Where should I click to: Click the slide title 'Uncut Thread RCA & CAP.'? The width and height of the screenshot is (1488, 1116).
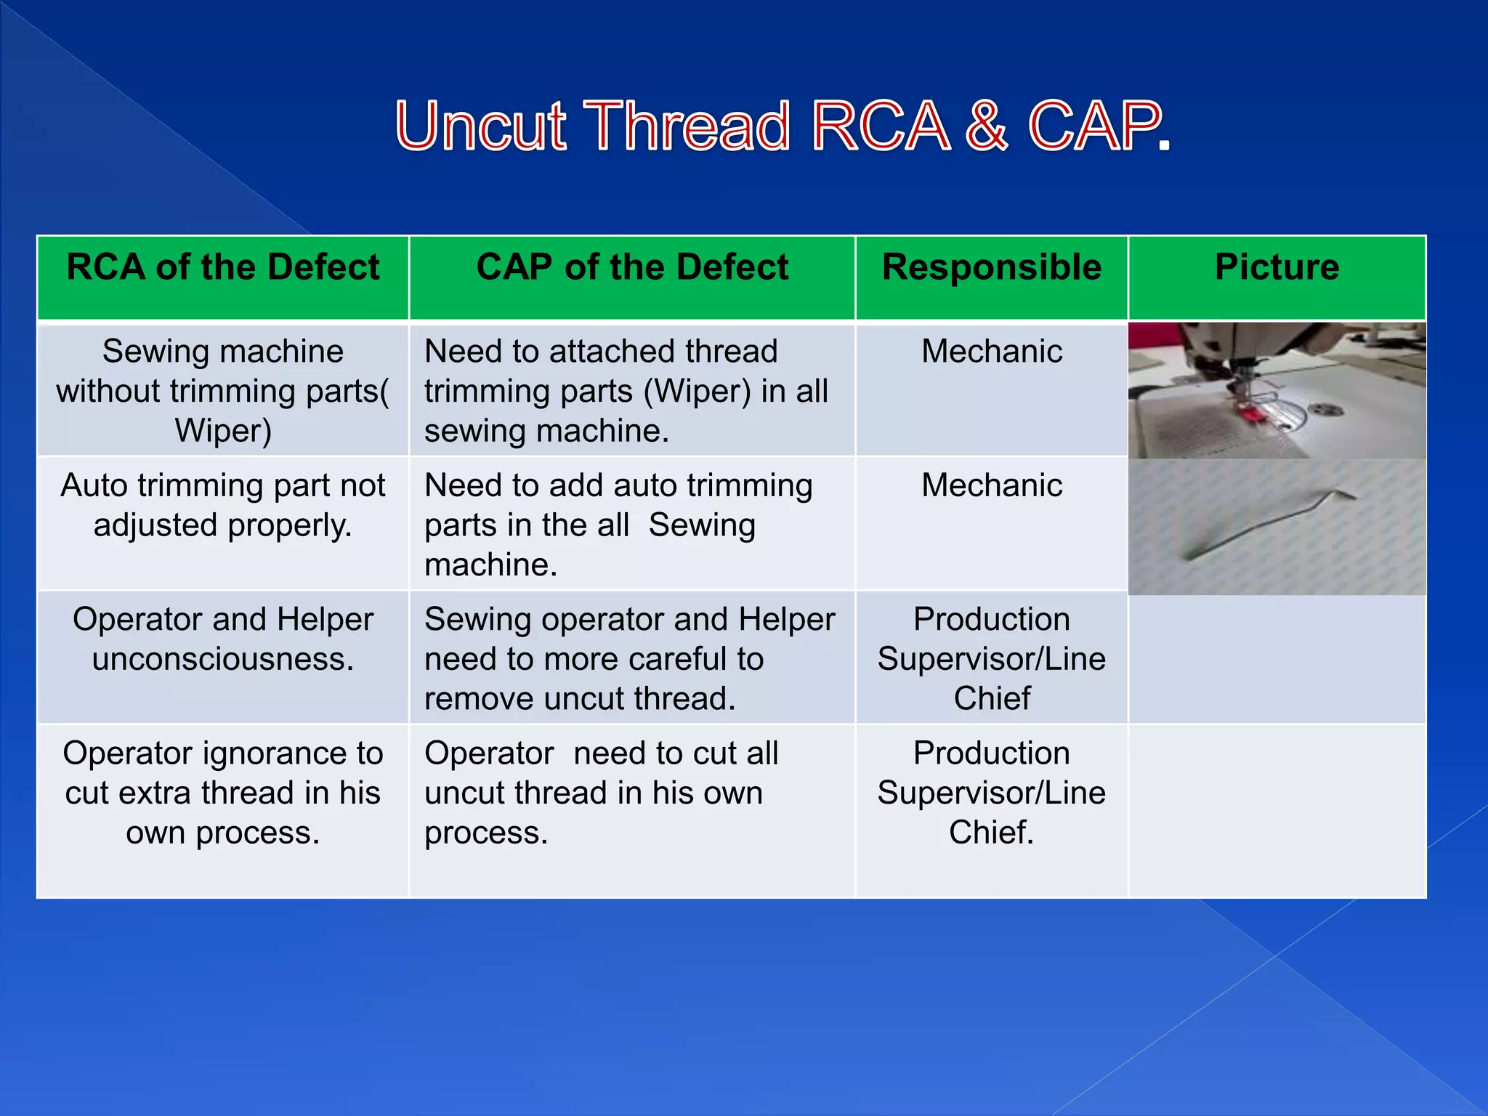(783, 126)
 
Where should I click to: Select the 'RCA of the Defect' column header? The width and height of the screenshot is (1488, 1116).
(223, 267)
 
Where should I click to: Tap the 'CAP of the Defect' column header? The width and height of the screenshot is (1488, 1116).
(632, 267)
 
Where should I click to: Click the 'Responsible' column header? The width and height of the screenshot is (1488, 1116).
(992, 267)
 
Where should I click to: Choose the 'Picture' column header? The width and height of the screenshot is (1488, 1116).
(1277, 267)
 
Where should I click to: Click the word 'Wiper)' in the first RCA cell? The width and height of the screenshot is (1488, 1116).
(223, 431)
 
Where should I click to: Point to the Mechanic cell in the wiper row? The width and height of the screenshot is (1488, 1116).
(992, 352)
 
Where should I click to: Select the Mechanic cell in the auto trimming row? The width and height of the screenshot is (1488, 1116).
(992, 485)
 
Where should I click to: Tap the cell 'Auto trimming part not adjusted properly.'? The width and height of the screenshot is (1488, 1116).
(223, 506)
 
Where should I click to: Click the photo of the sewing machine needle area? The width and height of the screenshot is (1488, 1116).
(1277, 390)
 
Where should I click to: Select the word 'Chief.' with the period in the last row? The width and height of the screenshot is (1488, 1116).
(991, 833)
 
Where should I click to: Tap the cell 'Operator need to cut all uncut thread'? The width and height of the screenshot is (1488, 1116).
(601, 793)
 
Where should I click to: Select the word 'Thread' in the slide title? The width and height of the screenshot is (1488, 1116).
(687, 126)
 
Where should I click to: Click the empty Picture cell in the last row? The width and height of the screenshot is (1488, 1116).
(1277, 811)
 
